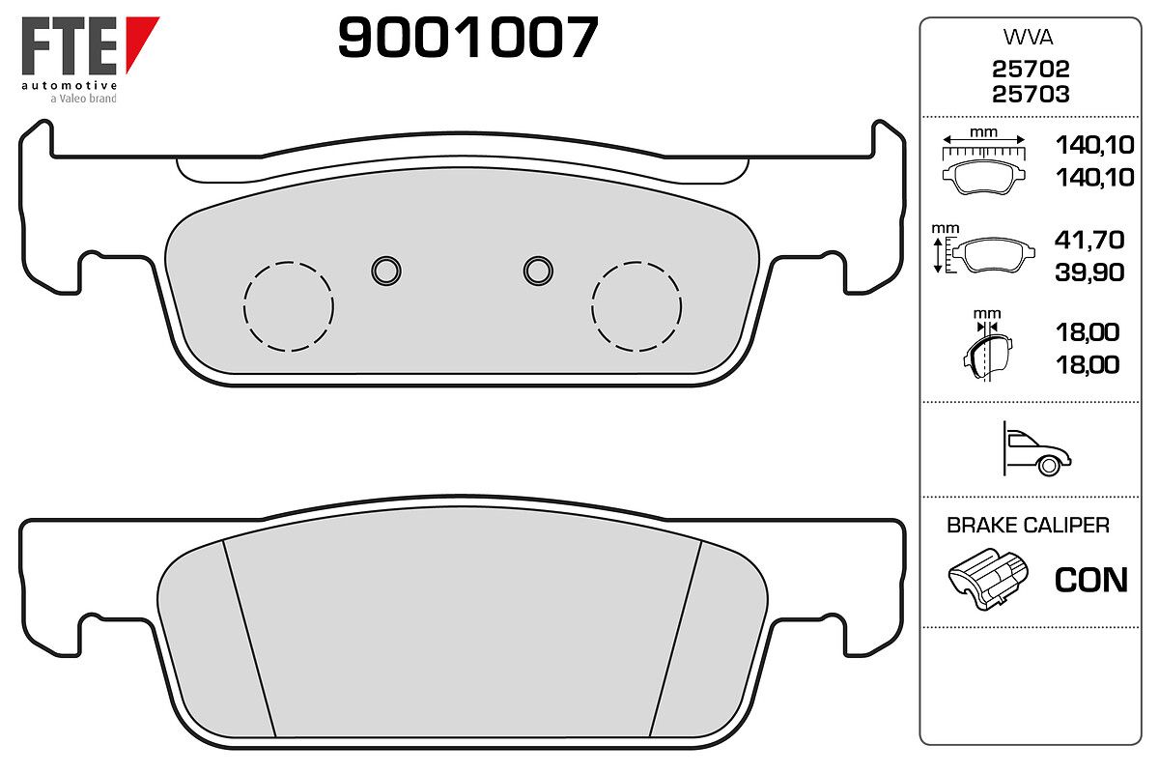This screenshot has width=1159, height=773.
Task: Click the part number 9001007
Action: (467, 37)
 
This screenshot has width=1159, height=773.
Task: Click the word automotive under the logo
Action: (70, 85)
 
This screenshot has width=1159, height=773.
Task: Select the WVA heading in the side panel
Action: (1028, 38)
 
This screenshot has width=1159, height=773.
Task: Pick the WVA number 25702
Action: (1031, 69)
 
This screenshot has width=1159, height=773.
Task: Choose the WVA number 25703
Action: (1031, 95)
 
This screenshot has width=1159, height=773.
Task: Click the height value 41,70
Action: (1089, 240)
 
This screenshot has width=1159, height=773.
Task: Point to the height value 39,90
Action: (1089, 272)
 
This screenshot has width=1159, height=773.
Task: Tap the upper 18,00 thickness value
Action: (1088, 332)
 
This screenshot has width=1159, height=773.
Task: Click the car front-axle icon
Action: (1036, 449)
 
